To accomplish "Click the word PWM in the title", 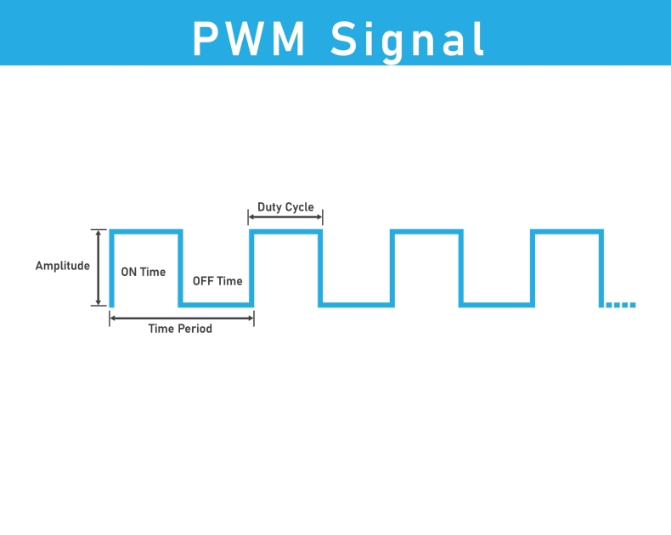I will [x=250, y=38].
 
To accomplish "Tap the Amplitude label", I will [x=62, y=266].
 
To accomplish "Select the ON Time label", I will [x=144, y=273].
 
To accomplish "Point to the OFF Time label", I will [x=217, y=281].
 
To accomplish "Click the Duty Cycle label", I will [x=285, y=207].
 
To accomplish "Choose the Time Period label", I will [x=180, y=329].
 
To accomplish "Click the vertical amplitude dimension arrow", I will [x=99, y=267].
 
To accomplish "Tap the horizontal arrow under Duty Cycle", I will [x=285, y=218].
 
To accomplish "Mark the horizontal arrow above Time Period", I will [x=181, y=318].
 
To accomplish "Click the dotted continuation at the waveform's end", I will [x=620, y=305].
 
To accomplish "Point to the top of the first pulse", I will [x=145, y=232].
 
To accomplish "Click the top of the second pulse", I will [x=285, y=232].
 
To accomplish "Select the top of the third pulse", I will [x=426, y=232].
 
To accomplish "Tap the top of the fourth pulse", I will [x=567, y=232].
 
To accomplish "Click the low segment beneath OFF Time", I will [x=216, y=304].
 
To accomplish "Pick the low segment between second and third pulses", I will [x=357, y=304].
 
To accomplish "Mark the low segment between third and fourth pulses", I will [x=497, y=304].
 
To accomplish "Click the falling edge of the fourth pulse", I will [x=602, y=267].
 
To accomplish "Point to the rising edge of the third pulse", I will [x=392, y=267].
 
